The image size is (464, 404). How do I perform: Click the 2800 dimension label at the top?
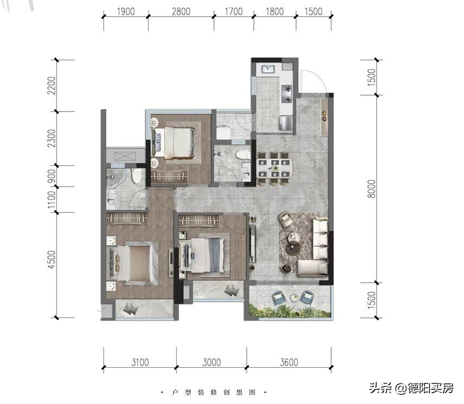click(x=181, y=11)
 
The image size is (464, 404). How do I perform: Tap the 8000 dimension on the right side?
click(x=371, y=189)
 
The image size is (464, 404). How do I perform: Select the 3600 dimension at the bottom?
click(x=289, y=362)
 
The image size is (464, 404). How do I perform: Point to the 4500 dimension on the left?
click(x=51, y=259)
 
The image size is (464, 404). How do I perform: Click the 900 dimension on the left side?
click(x=51, y=176)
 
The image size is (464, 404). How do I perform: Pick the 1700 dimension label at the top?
click(x=234, y=11)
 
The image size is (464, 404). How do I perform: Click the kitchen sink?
click(x=268, y=69)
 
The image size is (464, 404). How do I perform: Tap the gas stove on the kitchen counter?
click(x=287, y=94)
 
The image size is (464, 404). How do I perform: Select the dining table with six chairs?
click(x=274, y=168)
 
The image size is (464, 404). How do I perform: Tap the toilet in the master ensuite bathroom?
click(x=136, y=176)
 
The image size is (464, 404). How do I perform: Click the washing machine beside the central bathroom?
click(x=223, y=132)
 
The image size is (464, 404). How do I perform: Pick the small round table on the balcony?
click(x=294, y=298)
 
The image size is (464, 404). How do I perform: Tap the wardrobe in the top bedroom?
click(x=169, y=176)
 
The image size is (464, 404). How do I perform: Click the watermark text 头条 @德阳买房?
click(x=411, y=388)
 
